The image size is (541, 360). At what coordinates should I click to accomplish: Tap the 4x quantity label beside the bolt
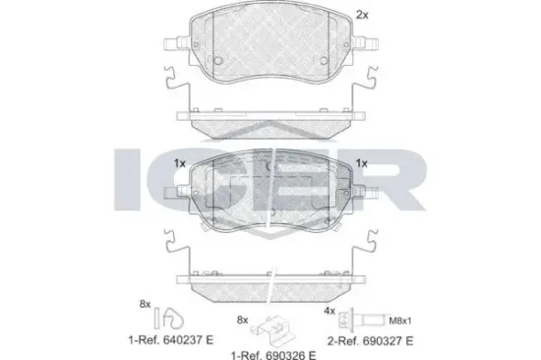point(331,312)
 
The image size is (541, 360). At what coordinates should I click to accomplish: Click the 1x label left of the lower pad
point(179,163)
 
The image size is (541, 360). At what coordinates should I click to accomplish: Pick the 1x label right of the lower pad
point(361,163)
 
